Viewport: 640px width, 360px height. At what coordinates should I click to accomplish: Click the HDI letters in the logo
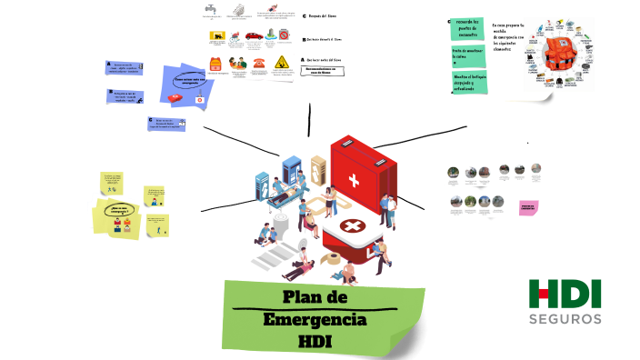[565, 295]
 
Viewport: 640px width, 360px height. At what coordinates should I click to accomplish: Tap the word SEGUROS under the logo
[565, 319]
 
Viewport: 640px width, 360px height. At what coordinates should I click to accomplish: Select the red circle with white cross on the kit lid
[349, 226]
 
